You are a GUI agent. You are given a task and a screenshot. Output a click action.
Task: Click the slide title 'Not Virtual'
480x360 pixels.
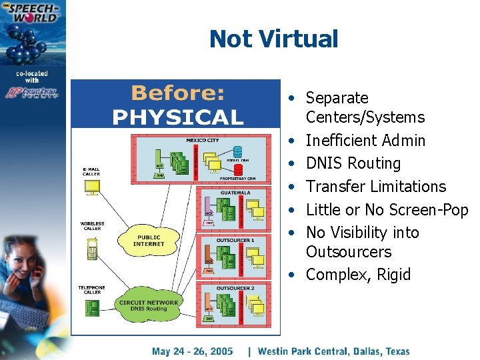click(x=273, y=39)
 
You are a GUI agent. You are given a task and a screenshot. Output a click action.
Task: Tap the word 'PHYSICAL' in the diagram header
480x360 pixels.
click(x=177, y=117)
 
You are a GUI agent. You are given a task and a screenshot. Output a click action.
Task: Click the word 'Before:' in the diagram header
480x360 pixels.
click(x=177, y=93)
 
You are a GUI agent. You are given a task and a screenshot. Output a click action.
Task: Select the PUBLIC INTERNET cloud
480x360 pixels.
click(x=148, y=239)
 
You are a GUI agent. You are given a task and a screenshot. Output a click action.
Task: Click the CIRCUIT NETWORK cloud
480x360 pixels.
click(x=147, y=304)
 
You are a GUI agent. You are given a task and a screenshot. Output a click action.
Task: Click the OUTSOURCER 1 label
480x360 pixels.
click(x=235, y=239)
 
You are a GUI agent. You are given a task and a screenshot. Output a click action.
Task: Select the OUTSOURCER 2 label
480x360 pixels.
click(x=235, y=288)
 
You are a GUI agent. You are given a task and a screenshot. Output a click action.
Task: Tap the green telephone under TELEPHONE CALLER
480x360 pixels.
click(x=91, y=307)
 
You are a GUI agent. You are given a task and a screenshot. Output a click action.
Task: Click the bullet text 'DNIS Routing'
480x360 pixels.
click(x=353, y=163)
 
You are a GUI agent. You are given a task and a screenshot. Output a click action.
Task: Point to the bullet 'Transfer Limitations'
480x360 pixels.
click(x=376, y=187)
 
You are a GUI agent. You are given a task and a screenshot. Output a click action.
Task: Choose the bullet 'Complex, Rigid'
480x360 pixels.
click(x=358, y=275)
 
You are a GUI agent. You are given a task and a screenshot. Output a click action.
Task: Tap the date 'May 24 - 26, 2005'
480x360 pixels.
click(x=193, y=351)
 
